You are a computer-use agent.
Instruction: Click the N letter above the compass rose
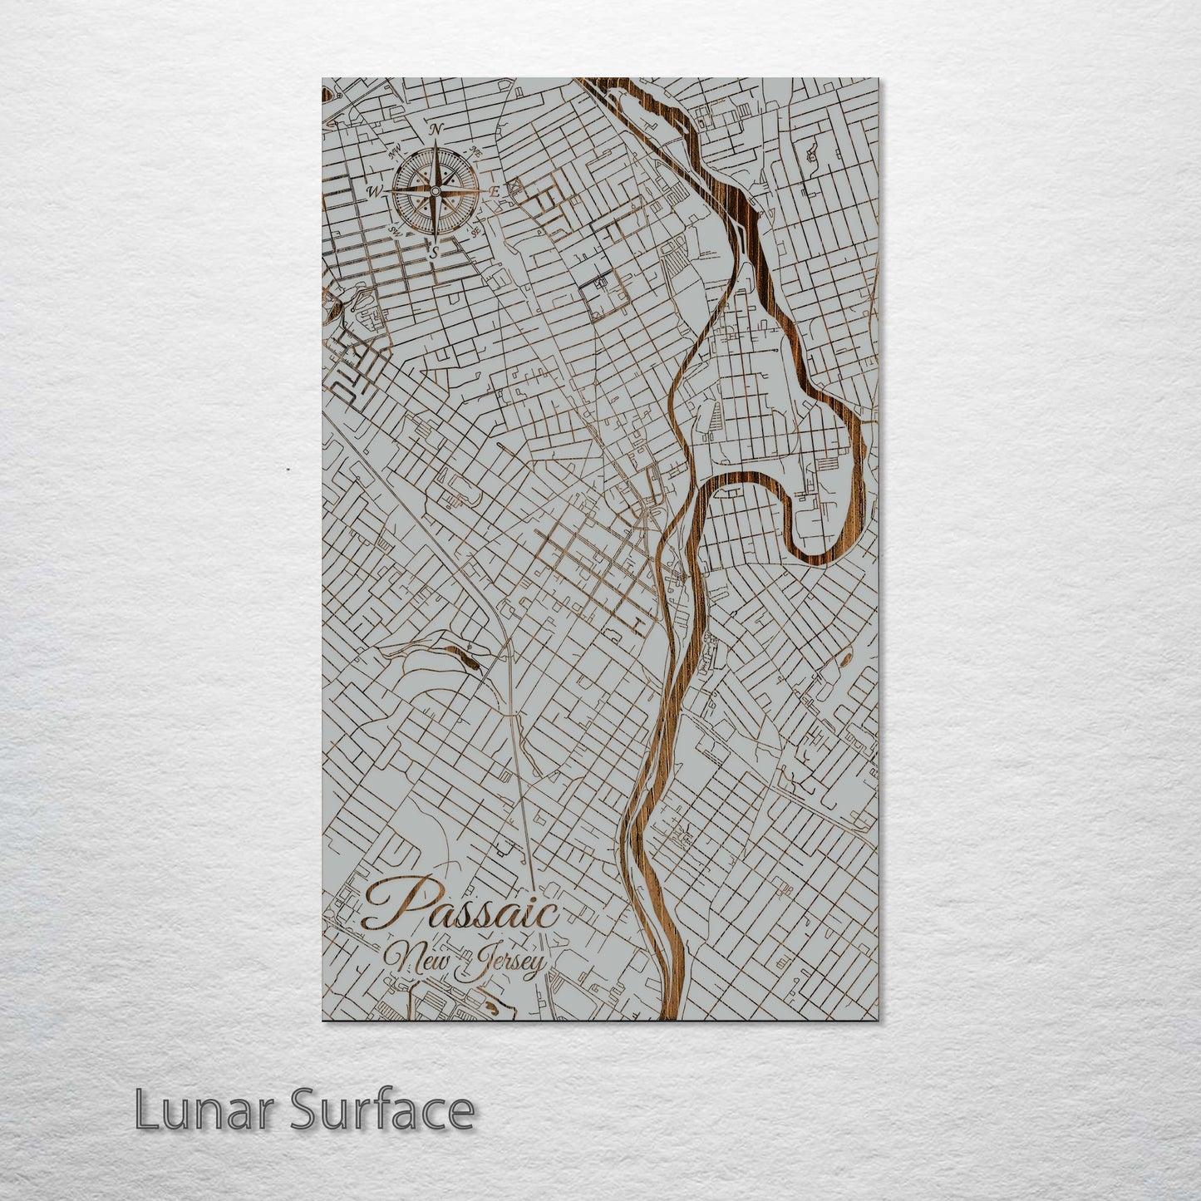436,129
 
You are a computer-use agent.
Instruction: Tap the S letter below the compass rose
433,251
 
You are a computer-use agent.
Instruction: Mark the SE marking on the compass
475,232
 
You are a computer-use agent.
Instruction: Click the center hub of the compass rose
434,191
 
